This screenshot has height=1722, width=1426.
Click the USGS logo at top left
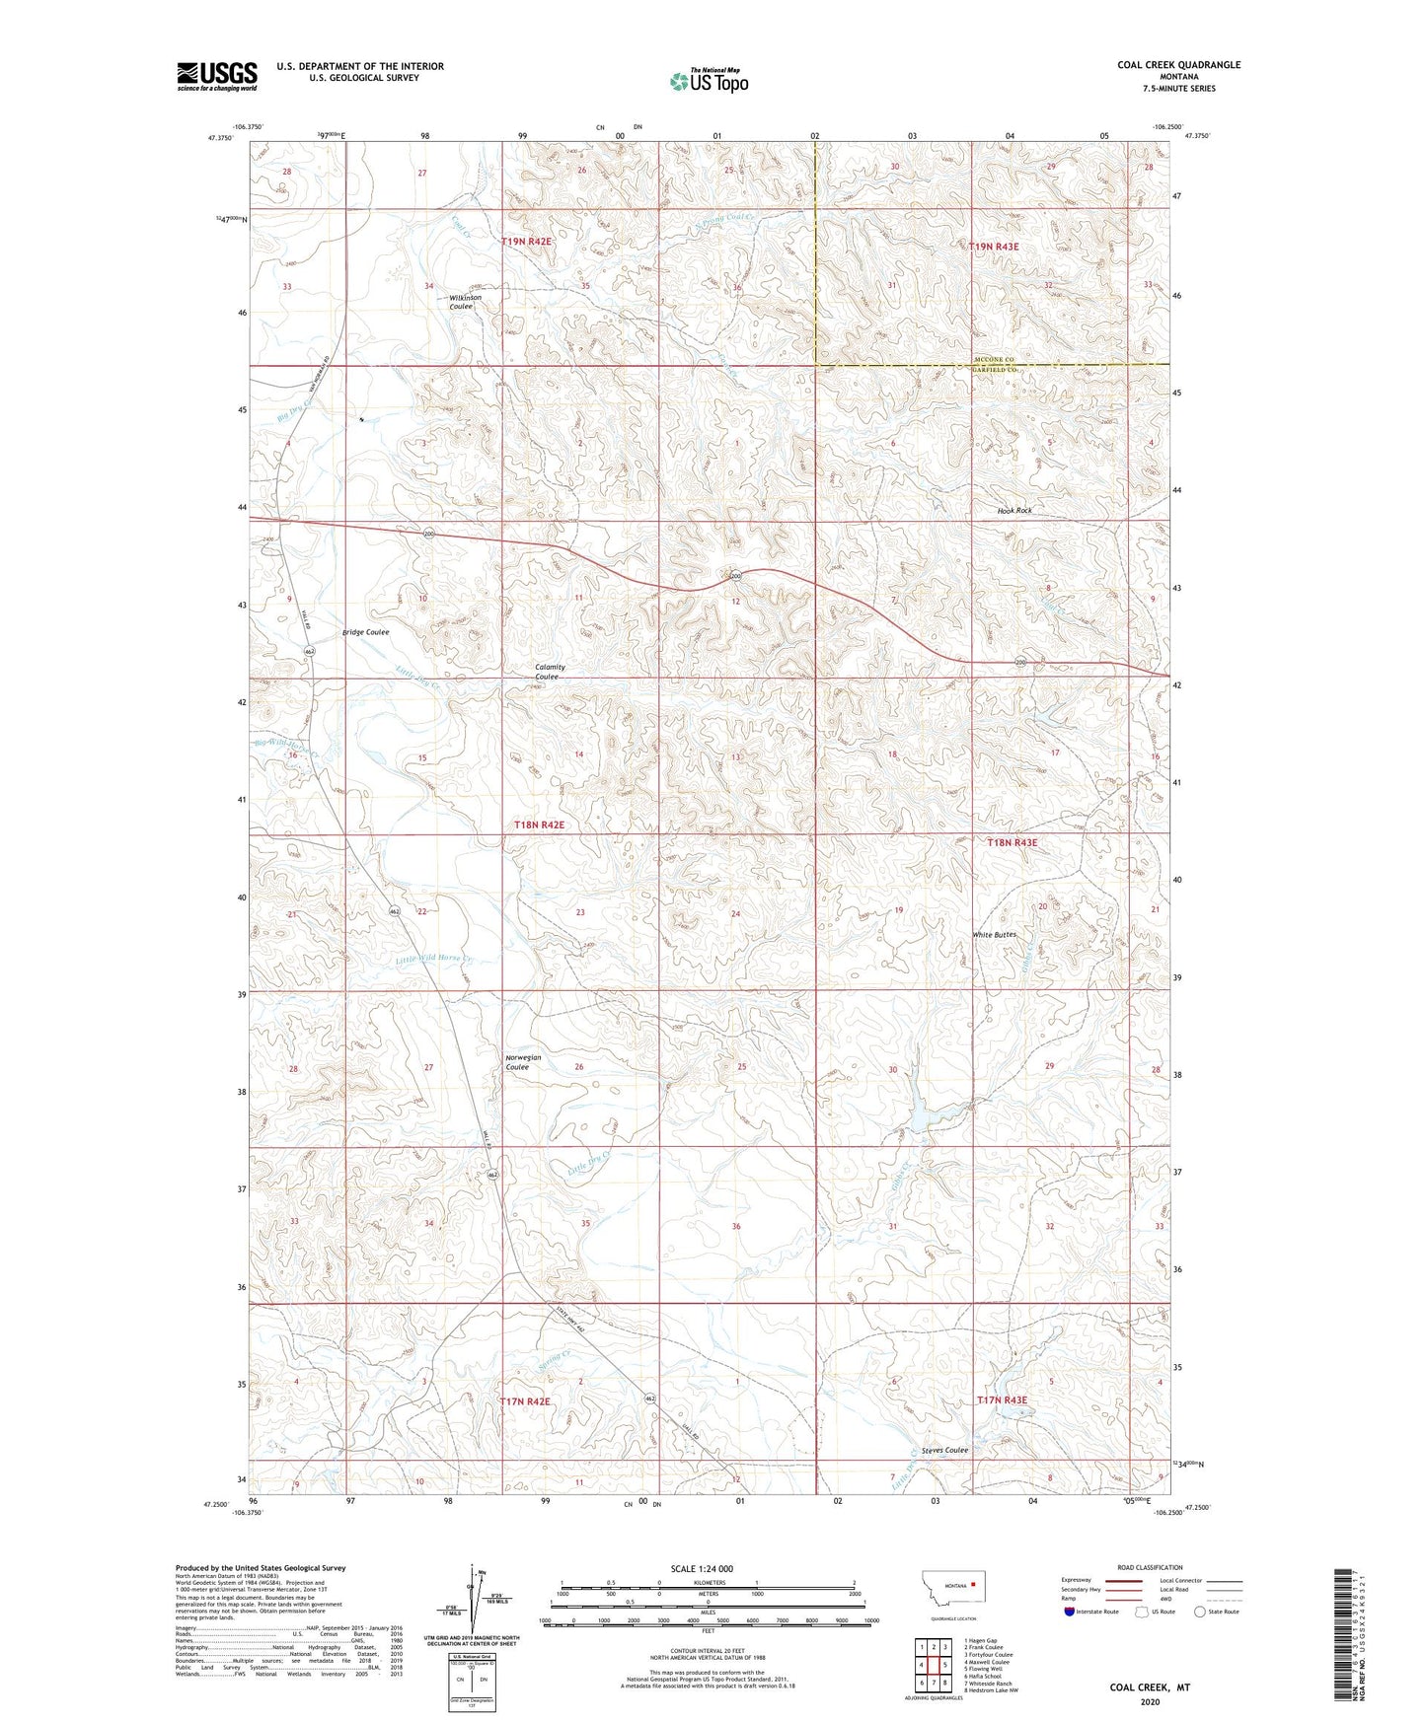click(217, 76)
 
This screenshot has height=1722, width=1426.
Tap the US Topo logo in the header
click(709, 81)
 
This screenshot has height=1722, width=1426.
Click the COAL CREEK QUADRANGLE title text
click(1178, 65)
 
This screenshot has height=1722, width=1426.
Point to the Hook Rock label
click(1014, 511)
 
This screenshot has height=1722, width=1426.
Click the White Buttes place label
click(994, 934)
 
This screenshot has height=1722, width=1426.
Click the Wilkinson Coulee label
click(465, 302)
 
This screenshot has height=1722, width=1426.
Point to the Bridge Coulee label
click(365, 632)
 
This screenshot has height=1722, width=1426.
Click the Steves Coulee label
click(944, 1450)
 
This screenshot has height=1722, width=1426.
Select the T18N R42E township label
click(539, 825)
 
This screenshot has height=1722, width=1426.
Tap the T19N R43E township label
click(994, 246)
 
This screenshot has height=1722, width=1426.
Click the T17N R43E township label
click(1002, 1400)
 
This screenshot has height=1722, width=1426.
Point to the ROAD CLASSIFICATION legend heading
click(1150, 1567)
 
